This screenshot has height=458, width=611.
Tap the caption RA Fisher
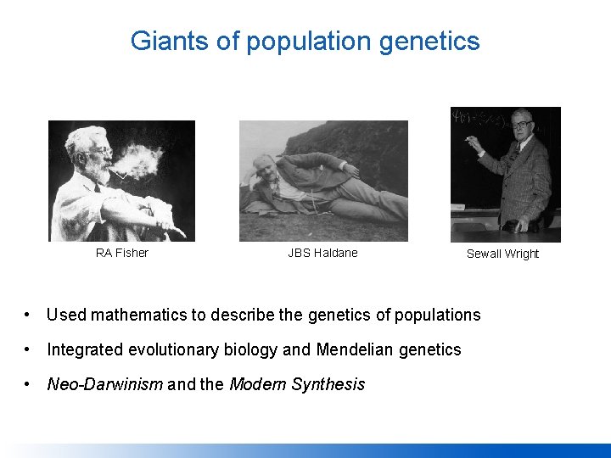121,253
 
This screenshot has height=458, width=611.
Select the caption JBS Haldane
322,253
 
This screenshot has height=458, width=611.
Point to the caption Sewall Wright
502,254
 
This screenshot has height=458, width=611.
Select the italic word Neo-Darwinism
104,384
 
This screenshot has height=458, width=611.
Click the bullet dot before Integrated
29,349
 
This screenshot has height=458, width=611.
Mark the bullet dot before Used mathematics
29,315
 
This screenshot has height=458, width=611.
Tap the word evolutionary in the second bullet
171,349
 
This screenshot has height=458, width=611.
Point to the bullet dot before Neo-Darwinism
29,384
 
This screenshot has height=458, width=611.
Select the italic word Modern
257,384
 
